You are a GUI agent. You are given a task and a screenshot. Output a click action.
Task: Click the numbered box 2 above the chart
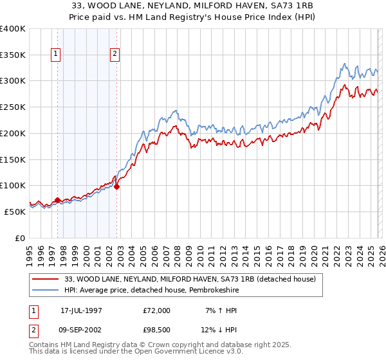pos(115,55)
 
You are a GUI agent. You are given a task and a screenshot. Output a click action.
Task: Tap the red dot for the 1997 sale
pos(57,200)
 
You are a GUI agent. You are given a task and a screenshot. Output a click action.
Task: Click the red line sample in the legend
pos(46,280)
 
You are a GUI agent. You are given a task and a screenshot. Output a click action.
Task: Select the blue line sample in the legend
pos(46,291)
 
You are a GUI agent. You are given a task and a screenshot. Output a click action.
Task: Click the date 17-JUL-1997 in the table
pos(81,310)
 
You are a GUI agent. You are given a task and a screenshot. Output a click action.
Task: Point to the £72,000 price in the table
pos(157,310)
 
